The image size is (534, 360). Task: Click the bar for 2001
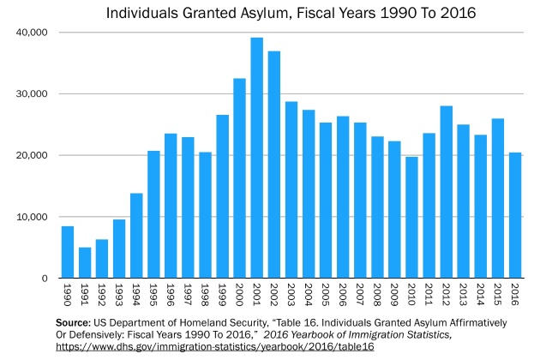pyautogui.click(x=256, y=159)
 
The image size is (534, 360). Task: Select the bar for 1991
pyautogui.click(x=85, y=263)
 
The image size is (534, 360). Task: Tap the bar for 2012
pyautogui.click(x=446, y=192)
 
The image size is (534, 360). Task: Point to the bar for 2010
pyautogui.click(x=411, y=218)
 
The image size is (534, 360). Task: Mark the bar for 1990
pyautogui.click(x=68, y=252)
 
